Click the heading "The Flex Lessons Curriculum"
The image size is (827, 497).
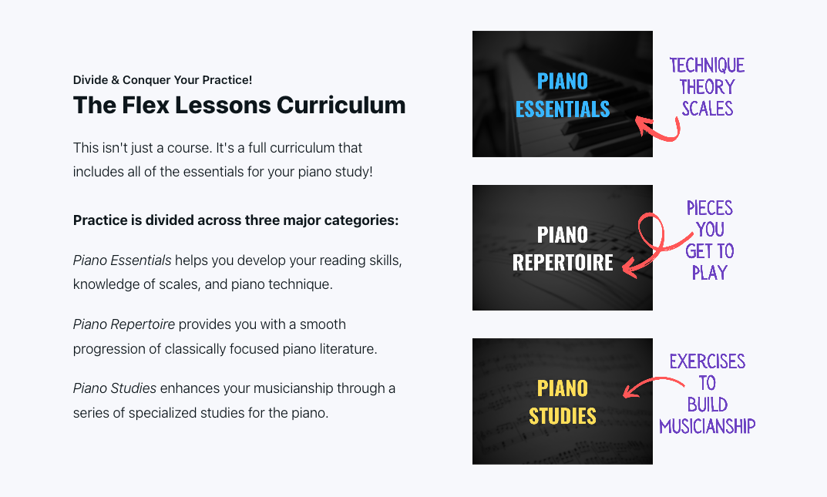[239, 105]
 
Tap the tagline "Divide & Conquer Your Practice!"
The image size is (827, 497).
[163, 80]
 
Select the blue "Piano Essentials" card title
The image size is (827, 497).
[563, 95]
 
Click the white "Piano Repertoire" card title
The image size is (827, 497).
[563, 248]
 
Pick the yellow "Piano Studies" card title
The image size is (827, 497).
[563, 401]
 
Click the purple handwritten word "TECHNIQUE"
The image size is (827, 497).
[707, 65]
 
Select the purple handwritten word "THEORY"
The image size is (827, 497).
[707, 87]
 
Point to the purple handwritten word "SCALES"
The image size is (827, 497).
[707, 109]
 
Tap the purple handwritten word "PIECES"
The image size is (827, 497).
[709, 208]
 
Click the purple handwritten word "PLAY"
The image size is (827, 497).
[709, 273]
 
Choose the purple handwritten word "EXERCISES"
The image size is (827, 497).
[707, 361]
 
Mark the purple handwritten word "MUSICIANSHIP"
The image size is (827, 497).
[707, 426]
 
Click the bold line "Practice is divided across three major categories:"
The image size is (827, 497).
[236, 220]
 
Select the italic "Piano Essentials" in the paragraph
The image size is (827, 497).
[122, 260]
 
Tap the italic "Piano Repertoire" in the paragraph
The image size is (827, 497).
[123, 324]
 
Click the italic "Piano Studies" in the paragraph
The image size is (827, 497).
[115, 388]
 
